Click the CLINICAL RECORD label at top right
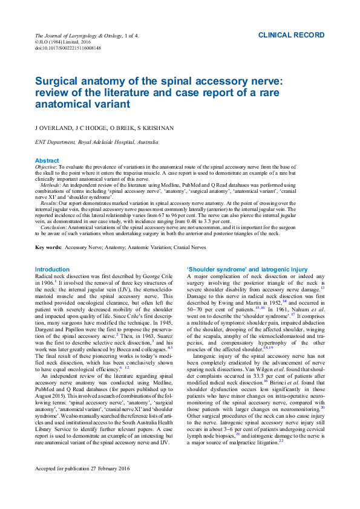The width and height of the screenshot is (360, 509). [x=291, y=36]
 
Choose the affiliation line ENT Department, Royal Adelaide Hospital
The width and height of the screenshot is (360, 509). [x=97, y=143]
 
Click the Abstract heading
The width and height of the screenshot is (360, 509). [x=47, y=161]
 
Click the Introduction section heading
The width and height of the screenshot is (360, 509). [x=52, y=269]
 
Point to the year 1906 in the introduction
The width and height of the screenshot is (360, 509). [x=46, y=282]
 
